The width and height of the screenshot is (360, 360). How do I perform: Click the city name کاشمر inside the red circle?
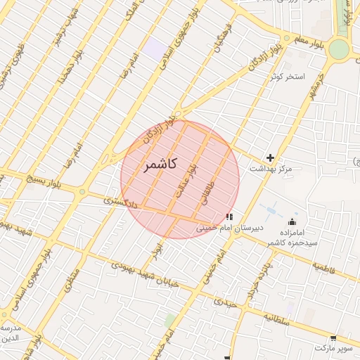159,165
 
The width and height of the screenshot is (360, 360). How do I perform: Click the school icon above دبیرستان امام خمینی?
229,217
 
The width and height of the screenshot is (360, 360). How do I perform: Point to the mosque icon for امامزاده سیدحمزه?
292,222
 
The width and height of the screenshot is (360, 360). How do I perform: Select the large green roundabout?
339,49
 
